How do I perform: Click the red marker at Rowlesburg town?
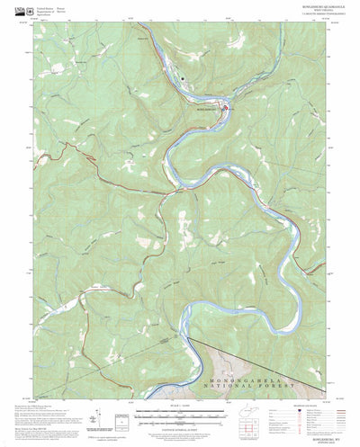pyautogui.click(x=224, y=109)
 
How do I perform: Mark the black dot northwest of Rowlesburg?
pyautogui.click(x=184, y=78)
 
